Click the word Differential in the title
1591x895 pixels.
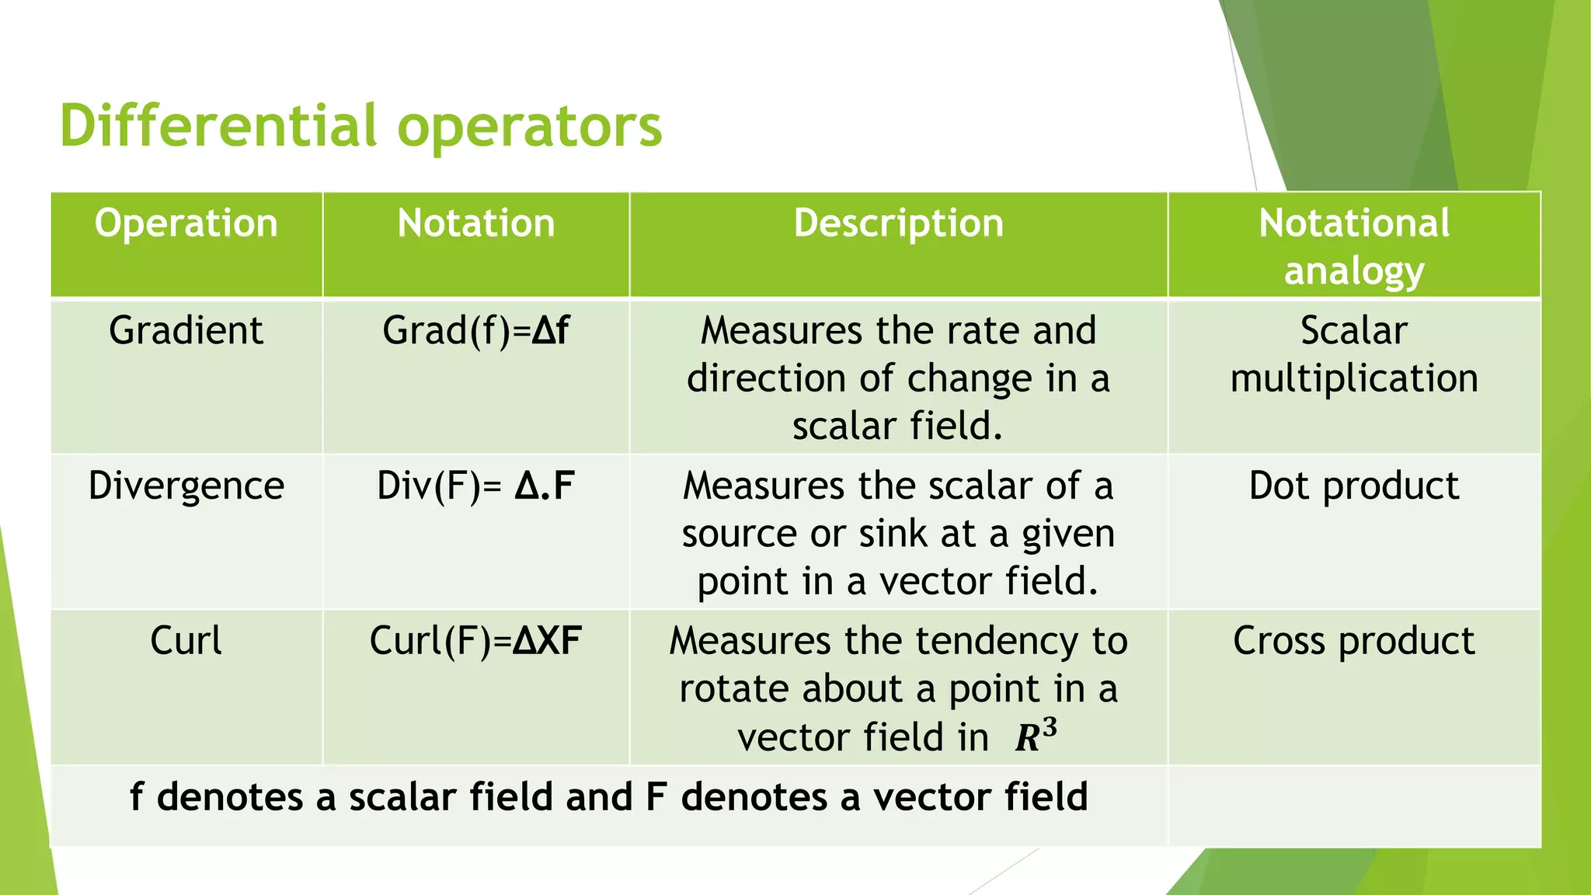(x=218, y=126)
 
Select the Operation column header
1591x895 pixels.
(x=186, y=224)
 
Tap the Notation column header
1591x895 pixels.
(x=476, y=224)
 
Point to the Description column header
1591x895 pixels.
(x=898, y=224)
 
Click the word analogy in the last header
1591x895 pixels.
(x=1354, y=272)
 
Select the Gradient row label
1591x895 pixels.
(x=186, y=331)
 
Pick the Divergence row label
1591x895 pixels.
(x=186, y=486)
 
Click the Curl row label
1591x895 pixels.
(x=186, y=642)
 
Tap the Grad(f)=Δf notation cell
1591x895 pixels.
(x=475, y=331)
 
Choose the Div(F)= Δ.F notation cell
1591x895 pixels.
(x=475, y=486)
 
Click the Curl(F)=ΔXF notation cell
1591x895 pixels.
(x=475, y=642)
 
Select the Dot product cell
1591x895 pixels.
(x=1354, y=486)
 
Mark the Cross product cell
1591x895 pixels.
(x=1354, y=642)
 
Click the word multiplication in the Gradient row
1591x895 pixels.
(x=1354, y=379)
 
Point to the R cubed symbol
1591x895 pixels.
(x=1036, y=735)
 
